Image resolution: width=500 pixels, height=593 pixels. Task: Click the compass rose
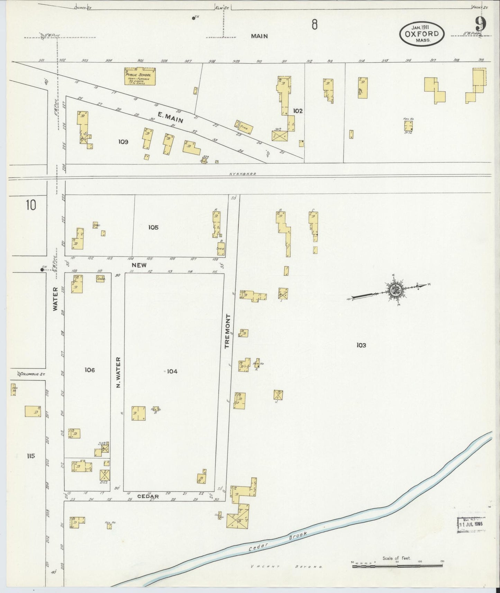[394, 290]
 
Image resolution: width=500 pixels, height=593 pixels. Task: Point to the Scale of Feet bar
[397, 566]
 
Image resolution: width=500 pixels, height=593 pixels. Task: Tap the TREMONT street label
[227, 331]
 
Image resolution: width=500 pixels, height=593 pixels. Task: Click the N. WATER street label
[118, 372]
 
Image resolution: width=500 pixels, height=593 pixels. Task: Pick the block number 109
[123, 142]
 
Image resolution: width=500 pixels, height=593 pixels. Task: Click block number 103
[361, 345]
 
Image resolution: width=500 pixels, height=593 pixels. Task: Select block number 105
[153, 227]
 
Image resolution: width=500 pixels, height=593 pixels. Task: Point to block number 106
[89, 370]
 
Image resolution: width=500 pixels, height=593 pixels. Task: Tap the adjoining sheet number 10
[30, 205]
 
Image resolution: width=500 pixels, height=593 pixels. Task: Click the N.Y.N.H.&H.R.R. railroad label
[242, 175]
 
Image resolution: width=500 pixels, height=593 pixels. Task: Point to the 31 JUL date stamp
[471, 523]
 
